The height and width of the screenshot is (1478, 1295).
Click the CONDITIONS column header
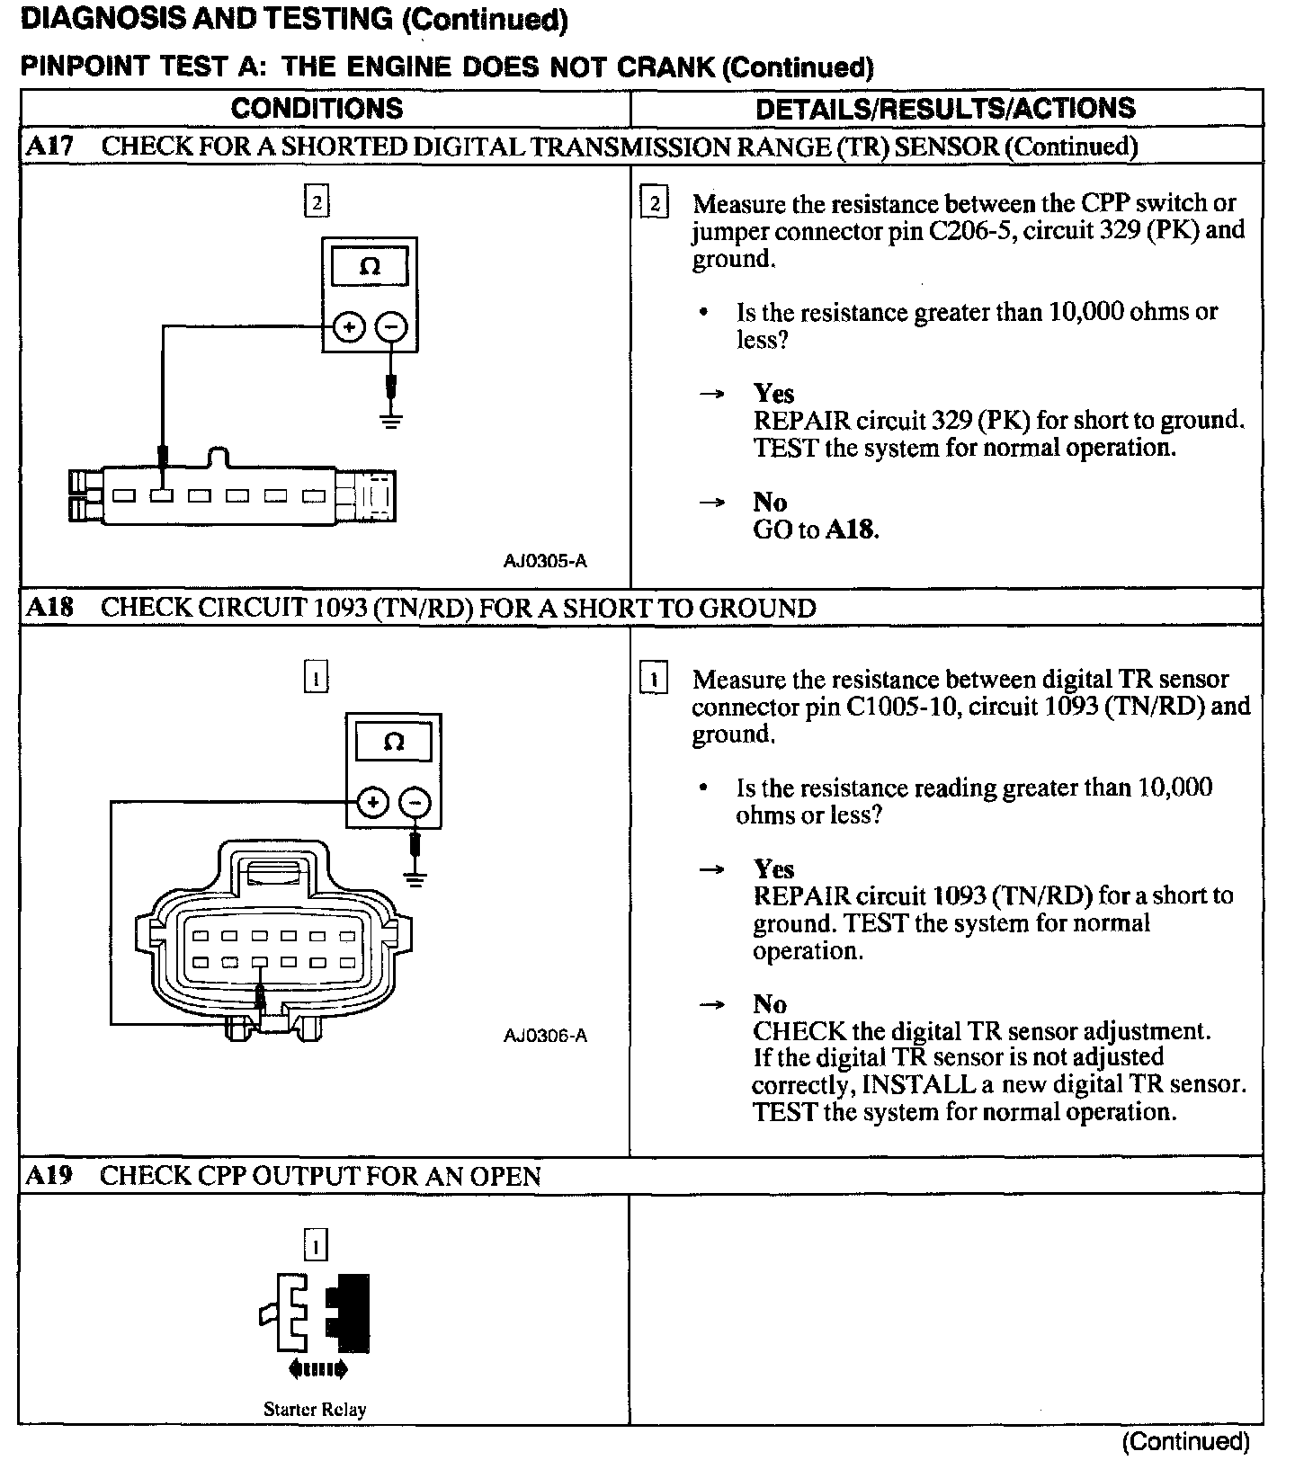317,109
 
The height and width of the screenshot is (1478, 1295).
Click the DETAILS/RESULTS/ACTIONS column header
945,109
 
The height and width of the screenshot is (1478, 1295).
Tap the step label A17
49,147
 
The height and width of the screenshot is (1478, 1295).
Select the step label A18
49,608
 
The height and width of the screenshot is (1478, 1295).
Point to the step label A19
49,1176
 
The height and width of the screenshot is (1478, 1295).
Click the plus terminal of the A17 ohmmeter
349,328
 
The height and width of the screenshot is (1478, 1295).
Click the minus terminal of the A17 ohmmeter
391,328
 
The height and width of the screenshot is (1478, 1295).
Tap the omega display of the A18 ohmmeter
394,743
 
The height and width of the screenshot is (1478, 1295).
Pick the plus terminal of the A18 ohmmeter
372,803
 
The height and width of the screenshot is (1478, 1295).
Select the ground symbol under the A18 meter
415,878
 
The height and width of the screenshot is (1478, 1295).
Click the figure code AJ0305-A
545,562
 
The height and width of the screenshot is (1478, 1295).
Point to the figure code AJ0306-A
545,1036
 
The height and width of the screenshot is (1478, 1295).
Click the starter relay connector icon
315,1313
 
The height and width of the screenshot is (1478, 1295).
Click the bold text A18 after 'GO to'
850,530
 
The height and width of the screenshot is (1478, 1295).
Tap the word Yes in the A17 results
773,394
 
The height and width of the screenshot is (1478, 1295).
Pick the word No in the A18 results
770,1004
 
